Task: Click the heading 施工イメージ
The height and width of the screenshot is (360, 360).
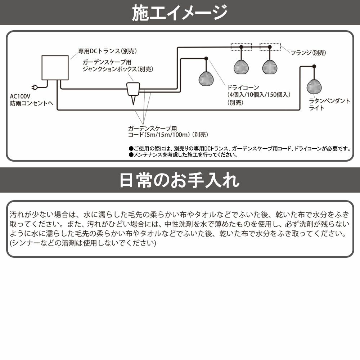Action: click(x=180, y=13)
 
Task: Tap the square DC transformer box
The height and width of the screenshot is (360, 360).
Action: click(x=55, y=68)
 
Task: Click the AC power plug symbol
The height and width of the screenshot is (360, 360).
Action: click(x=35, y=87)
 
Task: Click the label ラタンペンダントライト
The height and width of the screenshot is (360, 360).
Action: click(x=329, y=104)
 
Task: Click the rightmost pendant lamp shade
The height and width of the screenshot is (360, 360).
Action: click(x=314, y=86)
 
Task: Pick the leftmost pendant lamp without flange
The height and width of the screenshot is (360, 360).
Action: click(x=206, y=78)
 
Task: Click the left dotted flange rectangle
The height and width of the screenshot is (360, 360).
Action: click(x=241, y=46)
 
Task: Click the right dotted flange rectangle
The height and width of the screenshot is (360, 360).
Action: click(x=270, y=46)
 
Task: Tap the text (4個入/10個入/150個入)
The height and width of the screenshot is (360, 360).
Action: click(x=258, y=95)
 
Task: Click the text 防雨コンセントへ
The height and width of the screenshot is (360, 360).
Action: click(x=32, y=103)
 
